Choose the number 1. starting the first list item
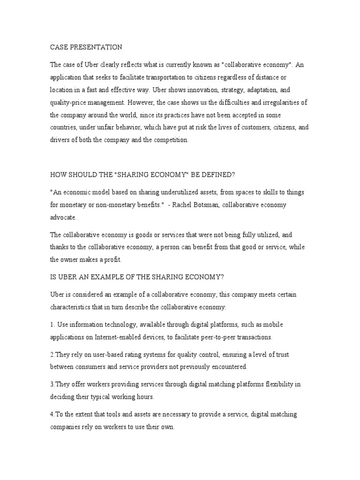(x=53, y=324)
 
